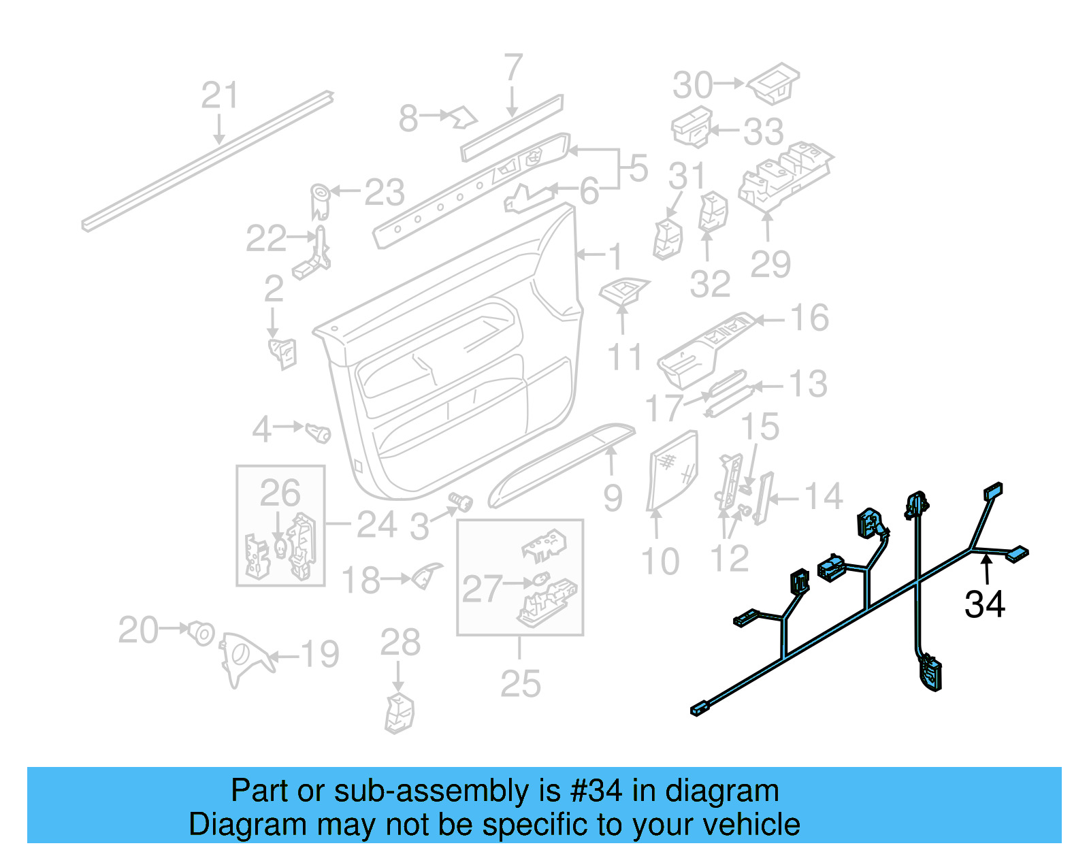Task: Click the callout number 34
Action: point(984,604)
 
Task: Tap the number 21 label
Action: point(220,95)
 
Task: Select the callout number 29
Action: point(770,264)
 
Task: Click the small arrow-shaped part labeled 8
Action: point(464,118)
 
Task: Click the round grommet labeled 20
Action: point(201,632)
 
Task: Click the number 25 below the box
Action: point(520,684)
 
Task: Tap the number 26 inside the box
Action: point(280,493)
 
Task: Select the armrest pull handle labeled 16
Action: point(704,346)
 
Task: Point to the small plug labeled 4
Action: point(318,431)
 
